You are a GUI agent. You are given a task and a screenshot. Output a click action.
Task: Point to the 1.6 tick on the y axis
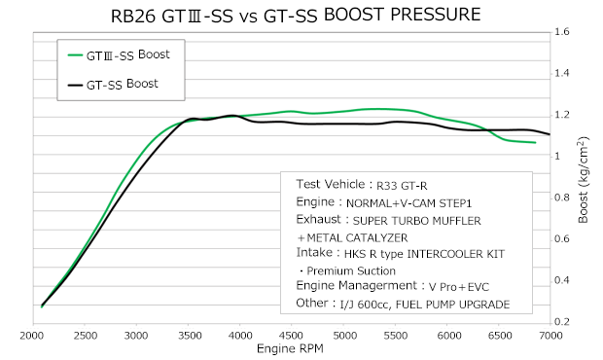(x=560, y=31)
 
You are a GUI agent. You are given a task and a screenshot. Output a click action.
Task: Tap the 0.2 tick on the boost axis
(x=560, y=321)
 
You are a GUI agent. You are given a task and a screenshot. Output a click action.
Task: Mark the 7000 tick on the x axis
(x=551, y=336)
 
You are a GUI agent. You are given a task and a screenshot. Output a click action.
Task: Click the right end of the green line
(x=536, y=143)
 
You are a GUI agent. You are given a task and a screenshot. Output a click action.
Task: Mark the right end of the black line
(x=550, y=134)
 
